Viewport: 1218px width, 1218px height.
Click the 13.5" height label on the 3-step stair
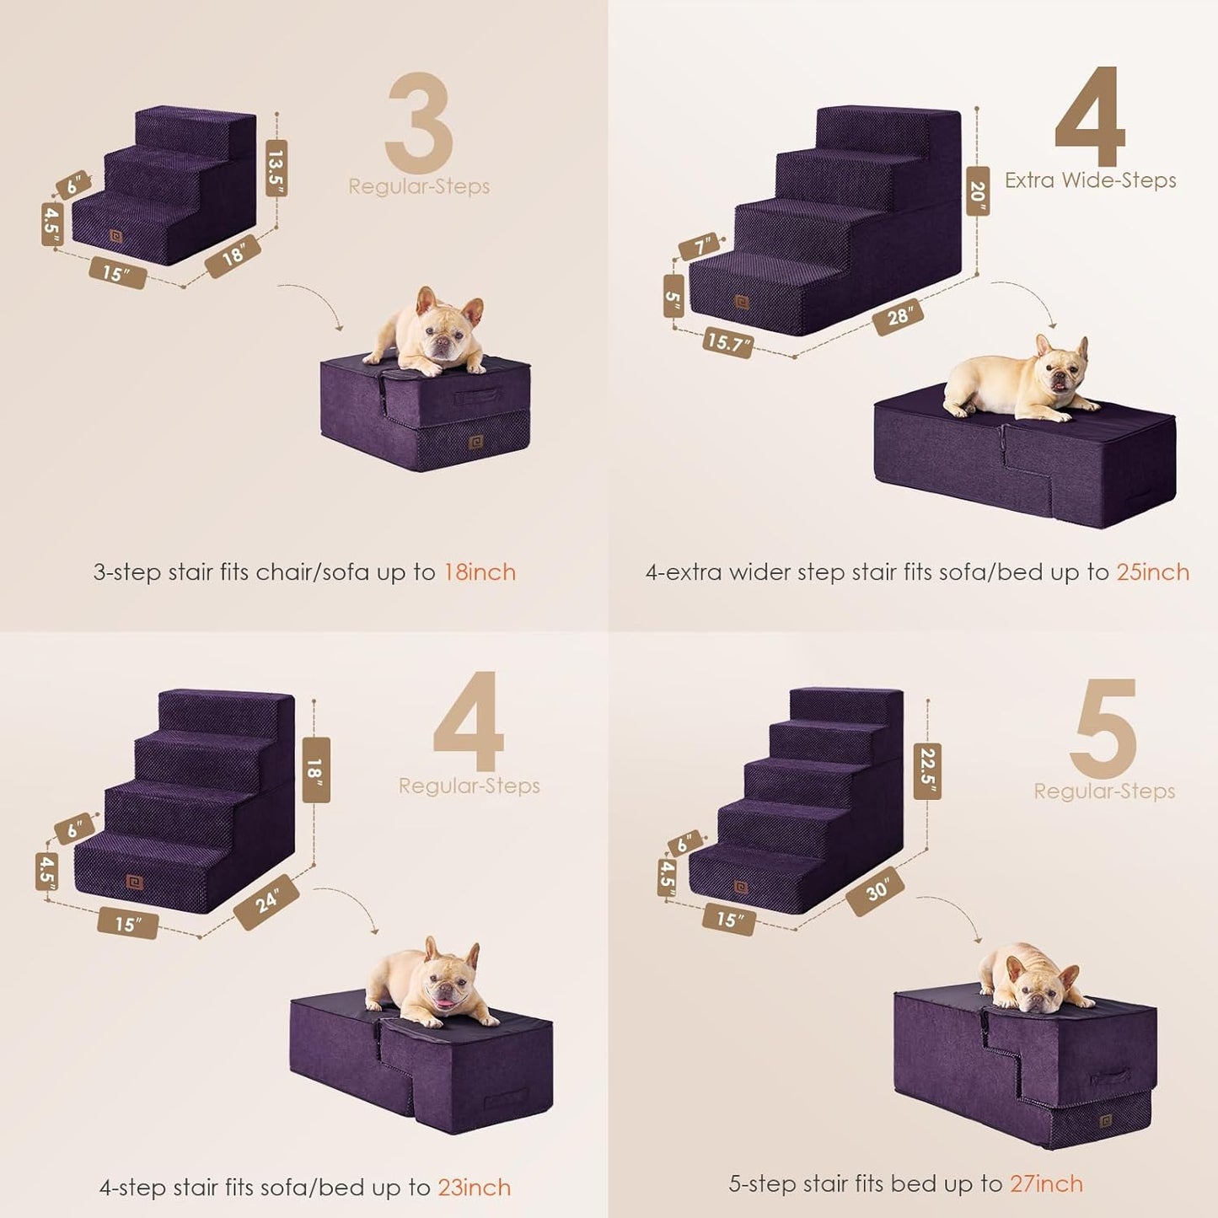[x=276, y=169]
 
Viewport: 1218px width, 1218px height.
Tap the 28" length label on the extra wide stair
[x=899, y=317]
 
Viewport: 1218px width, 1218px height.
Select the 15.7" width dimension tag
[x=727, y=342]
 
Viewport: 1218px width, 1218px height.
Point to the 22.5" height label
[x=927, y=770]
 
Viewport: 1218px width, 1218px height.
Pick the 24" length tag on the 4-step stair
[x=267, y=902]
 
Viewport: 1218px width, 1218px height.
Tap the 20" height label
[x=978, y=191]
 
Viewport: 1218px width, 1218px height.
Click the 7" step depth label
[x=700, y=247]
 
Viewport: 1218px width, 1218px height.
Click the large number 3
[x=419, y=123]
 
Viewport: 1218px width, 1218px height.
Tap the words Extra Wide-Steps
[x=1090, y=180]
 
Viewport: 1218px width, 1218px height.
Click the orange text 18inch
[x=480, y=572]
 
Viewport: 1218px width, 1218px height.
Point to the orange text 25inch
[x=1152, y=572]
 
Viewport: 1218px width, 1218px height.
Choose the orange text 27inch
[x=1046, y=1183]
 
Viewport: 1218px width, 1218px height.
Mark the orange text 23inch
[x=474, y=1188]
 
